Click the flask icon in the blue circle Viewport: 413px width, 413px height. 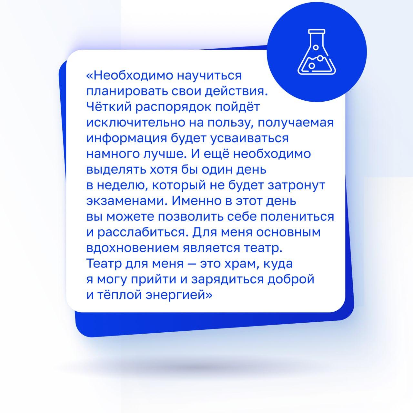click(317, 52)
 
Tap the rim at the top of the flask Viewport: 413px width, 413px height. click(317, 32)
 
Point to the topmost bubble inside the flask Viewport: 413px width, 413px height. click(316, 47)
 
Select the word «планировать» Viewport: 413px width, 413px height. click(127, 91)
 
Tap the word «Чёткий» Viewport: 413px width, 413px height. click(109, 106)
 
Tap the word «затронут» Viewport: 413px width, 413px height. click(297, 186)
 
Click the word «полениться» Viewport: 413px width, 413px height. click(297, 217)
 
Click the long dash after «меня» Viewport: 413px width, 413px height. click(192, 264)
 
